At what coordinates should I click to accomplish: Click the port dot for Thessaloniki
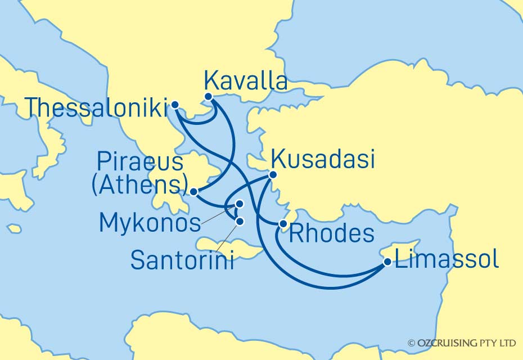click(175, 105)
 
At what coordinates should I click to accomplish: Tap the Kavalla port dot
click(209, 96)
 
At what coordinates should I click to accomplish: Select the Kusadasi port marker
click(273, 174)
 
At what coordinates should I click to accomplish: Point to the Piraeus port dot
click(193, 192)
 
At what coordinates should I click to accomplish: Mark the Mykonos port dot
click(240, 204)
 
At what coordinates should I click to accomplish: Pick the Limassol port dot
click(387, 262)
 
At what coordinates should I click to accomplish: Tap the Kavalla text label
click(246, 81)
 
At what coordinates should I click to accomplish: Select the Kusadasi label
click(322, 160)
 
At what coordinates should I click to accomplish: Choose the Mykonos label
click(150, 223)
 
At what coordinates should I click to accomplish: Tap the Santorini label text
click(182, 260)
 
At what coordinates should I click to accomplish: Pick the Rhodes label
click(331, 233)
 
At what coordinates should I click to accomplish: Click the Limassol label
click(447, 260)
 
